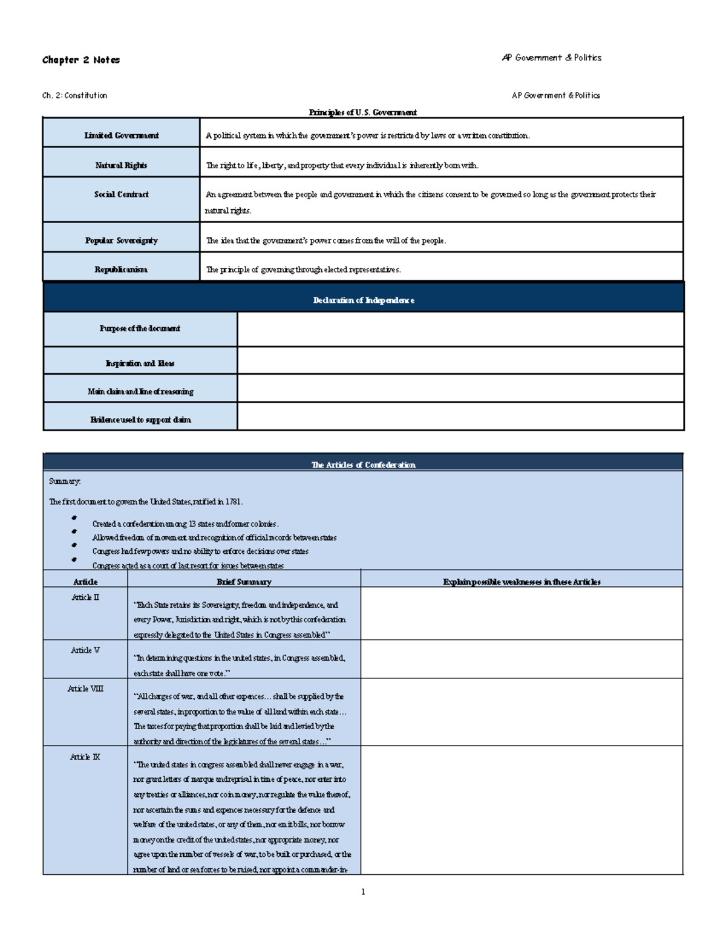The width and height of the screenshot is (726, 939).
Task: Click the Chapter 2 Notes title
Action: tap(80, 60)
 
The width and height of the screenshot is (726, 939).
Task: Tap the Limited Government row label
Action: tap(121, 135)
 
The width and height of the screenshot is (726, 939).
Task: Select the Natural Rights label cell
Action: tap(121, 165)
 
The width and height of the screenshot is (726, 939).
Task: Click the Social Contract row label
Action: tap(121, 195)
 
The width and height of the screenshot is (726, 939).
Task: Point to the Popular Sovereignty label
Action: tap(121, 241)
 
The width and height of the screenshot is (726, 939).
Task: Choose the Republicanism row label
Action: tap(121, 270)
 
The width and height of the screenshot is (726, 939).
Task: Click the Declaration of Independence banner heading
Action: tap(364, 301)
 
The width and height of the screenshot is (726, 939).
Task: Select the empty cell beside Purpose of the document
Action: tap(460, 329)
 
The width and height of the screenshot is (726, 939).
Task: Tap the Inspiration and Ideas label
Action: tap(140, 363)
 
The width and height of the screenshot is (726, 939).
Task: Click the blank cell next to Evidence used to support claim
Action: tap(460, 417)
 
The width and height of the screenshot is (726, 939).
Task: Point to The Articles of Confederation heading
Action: tap(363, 465)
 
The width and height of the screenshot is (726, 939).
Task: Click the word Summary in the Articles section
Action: tap(65, 481)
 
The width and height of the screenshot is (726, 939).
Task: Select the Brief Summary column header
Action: tap(244, 582)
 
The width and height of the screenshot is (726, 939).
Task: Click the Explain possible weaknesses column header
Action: tap(522, 582)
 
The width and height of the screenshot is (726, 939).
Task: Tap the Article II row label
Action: tap(85, 597)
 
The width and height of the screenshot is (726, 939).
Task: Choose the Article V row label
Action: tap(85, 651)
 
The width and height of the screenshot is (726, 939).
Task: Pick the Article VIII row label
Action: tap(85, 689)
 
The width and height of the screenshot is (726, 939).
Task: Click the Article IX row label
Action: tap(85, 757)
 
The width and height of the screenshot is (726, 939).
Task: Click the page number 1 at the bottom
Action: tap(363, 892)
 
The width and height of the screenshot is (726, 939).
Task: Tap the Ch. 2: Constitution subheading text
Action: tap(74, 96)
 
